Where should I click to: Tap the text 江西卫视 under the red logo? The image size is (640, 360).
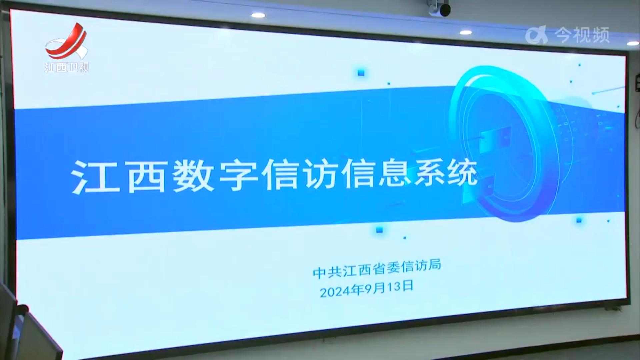point(67,68)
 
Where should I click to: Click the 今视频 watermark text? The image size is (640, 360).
point(582,34)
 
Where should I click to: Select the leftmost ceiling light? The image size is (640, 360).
point(258,15)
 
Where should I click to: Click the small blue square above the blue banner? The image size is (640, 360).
point(361,73)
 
